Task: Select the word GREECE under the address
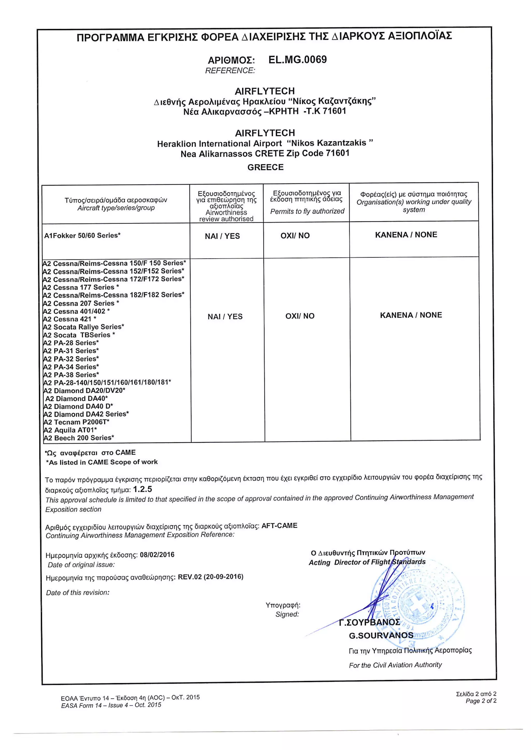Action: pyautogui.click(x=265, y=167)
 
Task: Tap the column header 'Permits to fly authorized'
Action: pyautogui.click(x=307, y=211)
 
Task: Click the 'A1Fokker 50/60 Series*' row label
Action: pyautogui.click(x=82, y=235)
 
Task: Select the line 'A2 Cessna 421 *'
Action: pyautogui.click(x=70, y=319)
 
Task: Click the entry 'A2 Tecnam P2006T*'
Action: pyautogui.click(x=76, y=422)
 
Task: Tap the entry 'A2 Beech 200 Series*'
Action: pyautogui.click(x=79, y=438)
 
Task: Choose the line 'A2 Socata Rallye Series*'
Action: pyautogui.click(x=83, y=327)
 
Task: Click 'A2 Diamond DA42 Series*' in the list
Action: pyautogui.click(x=86, y=414)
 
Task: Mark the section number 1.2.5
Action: pyautogui.click(x=143, y=489)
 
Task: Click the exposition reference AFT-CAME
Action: pyautogui.click(x=279, y=526)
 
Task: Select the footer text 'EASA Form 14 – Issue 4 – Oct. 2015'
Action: pyautogui.click(x=111, y=705)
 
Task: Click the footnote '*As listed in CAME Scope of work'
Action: pyautogui.click(x=102, y=462)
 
